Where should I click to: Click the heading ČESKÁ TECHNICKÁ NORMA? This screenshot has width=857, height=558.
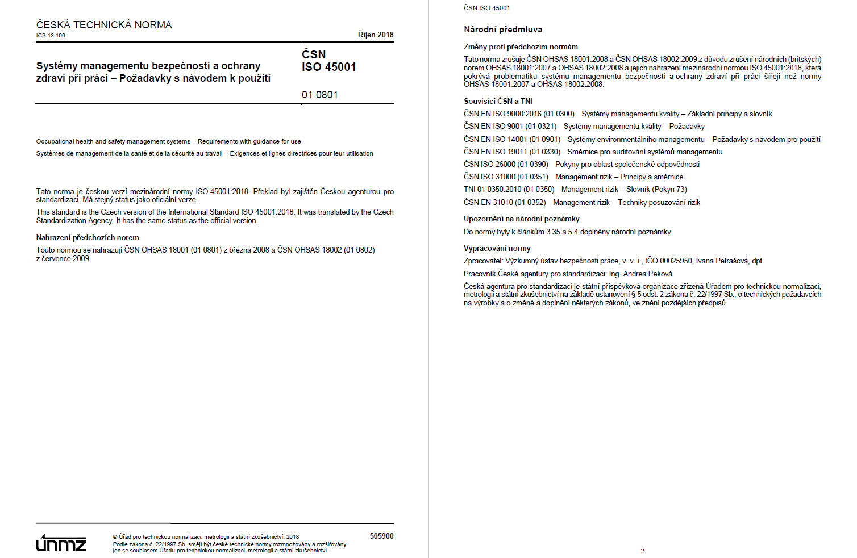click(x=104, y=25)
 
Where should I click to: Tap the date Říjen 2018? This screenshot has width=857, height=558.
click(x=375, y=35)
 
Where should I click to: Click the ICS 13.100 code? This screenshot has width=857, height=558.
click(x=51, y=36)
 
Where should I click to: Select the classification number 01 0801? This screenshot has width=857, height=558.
click(x=319, y=95)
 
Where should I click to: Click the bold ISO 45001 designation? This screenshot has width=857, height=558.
click(x=328, y=67)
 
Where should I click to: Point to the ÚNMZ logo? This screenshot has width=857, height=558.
click(x=61, y=543)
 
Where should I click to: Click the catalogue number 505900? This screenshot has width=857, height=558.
click(x=381, y=536)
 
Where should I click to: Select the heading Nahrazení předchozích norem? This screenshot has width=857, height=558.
click(x=88, y=237)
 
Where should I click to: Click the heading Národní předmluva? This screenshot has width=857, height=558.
click(x=503, y=30)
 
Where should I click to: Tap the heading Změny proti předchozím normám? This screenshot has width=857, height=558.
click(x=521, y=47)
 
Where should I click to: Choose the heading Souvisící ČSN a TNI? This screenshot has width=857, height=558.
click(x=498, y=101)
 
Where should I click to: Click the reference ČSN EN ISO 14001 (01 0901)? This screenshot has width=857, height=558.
click(x=511, y=139)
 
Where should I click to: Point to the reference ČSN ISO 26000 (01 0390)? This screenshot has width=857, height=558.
click(x=506, y=164)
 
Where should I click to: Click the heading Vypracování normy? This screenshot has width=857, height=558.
click(x=497, y=248)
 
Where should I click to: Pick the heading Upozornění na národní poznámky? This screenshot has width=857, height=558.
click(x=521, y=219)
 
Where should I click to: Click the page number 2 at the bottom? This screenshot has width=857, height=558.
click(x=642, y=551)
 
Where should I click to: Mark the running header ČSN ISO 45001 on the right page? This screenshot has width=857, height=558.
click(x=486, y=8)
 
